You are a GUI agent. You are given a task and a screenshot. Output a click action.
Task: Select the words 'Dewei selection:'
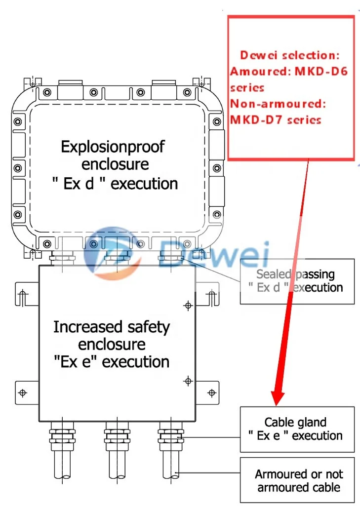(x=290, y=55)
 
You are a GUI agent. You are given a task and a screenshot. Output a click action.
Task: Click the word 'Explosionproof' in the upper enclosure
(x=113, y=147)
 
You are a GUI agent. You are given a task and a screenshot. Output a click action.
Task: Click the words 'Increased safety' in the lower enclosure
(x=111, y=327)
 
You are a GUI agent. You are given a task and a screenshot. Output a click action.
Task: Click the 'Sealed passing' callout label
(x=295, y=274)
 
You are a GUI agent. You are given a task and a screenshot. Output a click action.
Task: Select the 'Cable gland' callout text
(x=295, y=422)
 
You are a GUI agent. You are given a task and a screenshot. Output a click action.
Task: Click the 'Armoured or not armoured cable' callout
(x=298, y=480)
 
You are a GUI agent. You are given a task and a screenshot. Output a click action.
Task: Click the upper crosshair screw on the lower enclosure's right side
(x=187, y=306)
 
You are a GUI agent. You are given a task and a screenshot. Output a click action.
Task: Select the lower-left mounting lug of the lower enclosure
(x=23, y=392)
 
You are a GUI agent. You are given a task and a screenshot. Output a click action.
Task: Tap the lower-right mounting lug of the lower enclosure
(x=211, y=392)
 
